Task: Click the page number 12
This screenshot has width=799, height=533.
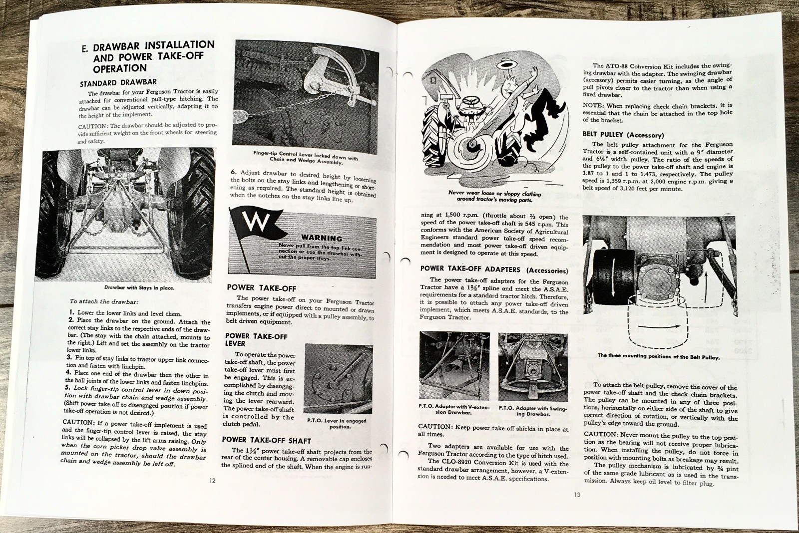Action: [212, 481]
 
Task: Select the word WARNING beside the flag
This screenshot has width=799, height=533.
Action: [321, 238]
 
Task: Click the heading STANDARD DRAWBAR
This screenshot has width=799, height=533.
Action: [118, 82]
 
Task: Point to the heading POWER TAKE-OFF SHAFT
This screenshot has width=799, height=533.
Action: [266, 440]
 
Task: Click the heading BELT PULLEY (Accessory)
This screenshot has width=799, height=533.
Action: [623, 135]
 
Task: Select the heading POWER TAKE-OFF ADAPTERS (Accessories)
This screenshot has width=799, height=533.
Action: [493, 269]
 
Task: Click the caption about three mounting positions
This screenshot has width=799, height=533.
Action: [659, 356]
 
